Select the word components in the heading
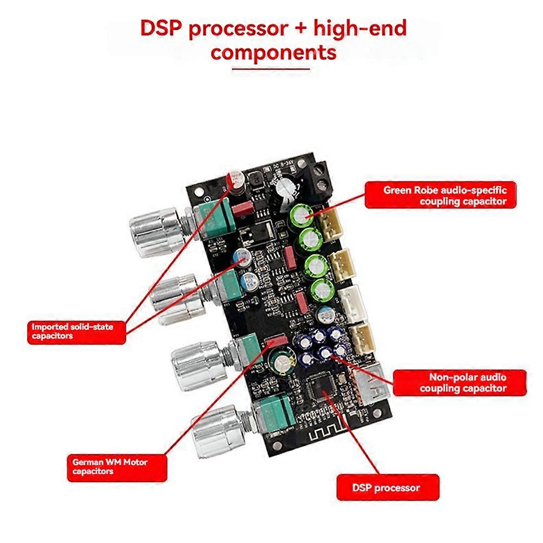tap(273, 53)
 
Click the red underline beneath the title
tap(271, 69)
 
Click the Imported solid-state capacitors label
tap(76, 331)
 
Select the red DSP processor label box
tap(386, 488)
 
